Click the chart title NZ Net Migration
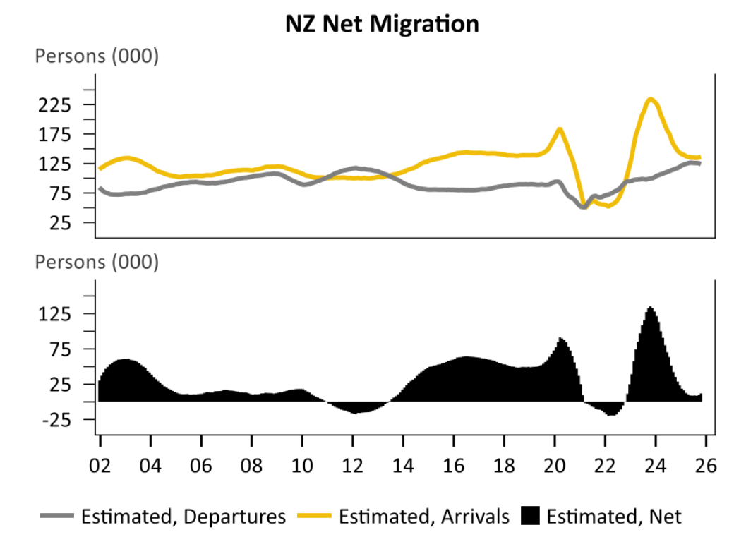382,24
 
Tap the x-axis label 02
100,466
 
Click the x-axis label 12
352,466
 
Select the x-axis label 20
554,466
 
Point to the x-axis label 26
706,466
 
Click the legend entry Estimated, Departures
183,517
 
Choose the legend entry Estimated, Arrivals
423,517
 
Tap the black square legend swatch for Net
532,517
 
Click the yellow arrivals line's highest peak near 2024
651,100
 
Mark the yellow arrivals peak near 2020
559,128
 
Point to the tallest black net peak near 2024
651,308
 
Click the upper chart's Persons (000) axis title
97,57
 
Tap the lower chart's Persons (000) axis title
97,263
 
